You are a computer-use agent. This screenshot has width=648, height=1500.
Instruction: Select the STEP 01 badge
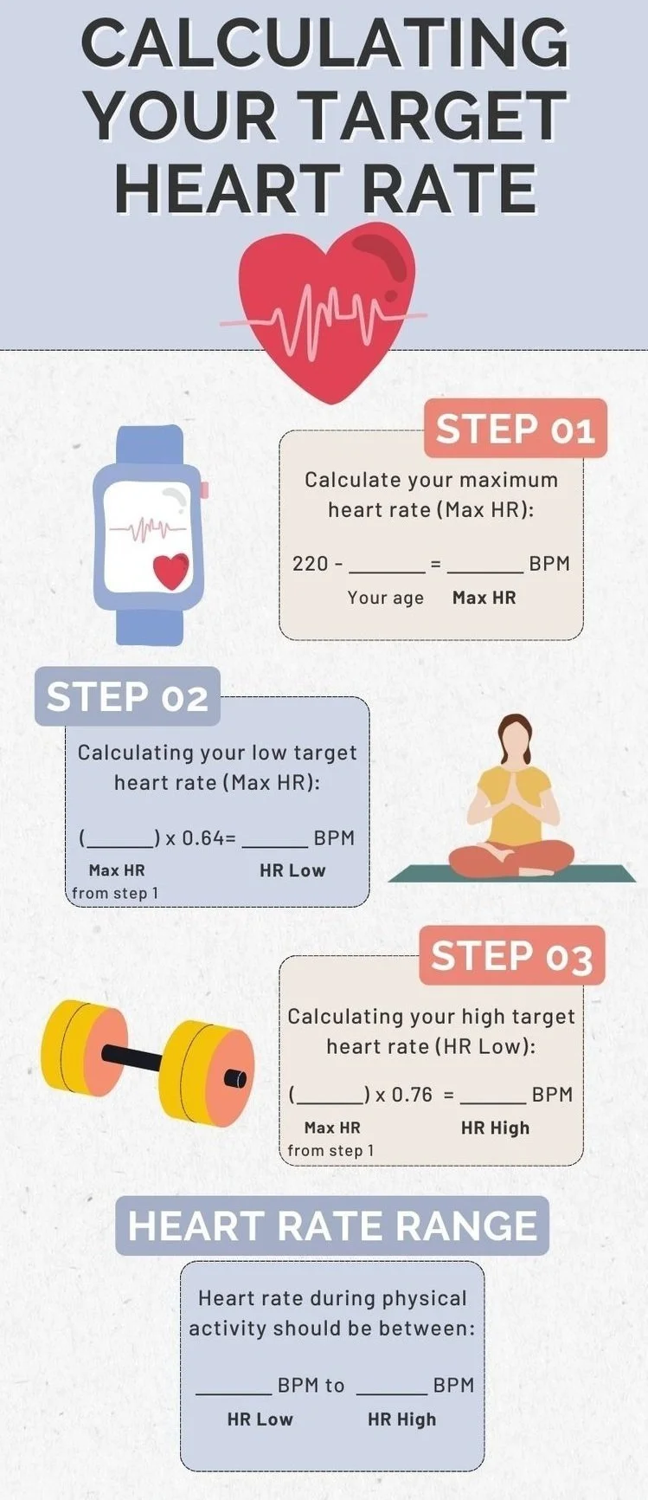pyautogui.click(x=516, y=430)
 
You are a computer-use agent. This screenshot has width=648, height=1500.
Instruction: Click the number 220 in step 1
pyautogui.click(x=311, y=564)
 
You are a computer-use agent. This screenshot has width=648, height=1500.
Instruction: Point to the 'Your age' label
pyautogui.click(x=386, y=598)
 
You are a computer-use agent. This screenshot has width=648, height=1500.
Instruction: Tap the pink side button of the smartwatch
pyautogui.click(x=204, y=490)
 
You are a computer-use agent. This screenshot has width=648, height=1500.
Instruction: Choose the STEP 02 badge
pyautogui.click(x=127, y=697)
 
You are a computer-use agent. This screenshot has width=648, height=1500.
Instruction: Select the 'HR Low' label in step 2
pyautogui.click(x=292, y=871)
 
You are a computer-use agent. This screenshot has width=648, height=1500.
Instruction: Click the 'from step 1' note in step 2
pyautogui.click(x=115, y=893)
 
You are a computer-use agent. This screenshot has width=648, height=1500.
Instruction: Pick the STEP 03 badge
pyautogui.click(x=511, y=956)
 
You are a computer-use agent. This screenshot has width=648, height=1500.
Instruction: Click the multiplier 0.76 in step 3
pyautogui.click(x=412, y=1095)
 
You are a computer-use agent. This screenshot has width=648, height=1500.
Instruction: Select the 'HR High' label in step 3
pyautogui.click(x=495, y=1128)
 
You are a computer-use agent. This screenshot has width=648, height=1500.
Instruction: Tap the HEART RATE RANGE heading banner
pyautogui.click(x=332, y=1226)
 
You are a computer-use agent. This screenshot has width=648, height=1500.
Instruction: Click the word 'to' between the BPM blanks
pyautogui.click(x=335, y=1386)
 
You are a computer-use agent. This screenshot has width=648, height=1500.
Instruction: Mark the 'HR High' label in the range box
pyautogui.click(x=401, y=1419)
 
